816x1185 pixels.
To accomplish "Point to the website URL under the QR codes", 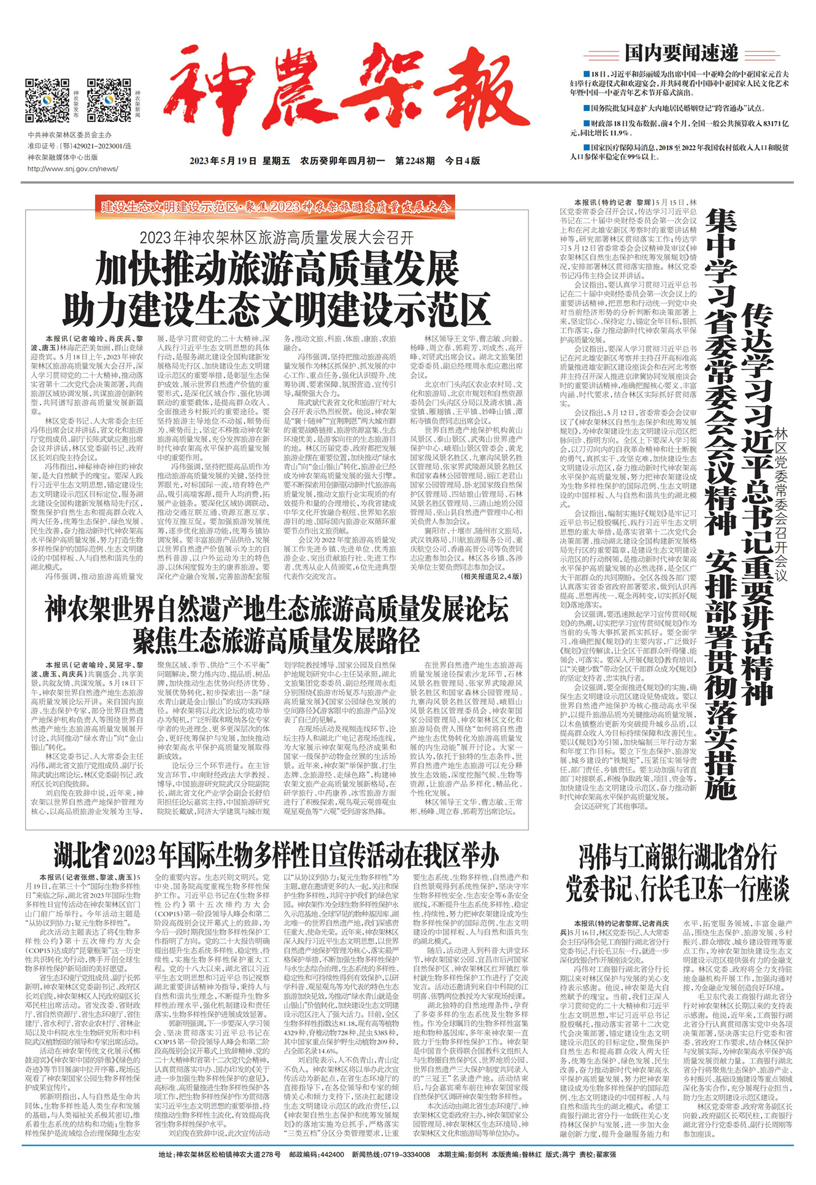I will point(72,169).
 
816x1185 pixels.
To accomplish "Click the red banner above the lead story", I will point(275,206).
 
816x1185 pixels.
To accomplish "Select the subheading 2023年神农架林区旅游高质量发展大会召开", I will point(277,237).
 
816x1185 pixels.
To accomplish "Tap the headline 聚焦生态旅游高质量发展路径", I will point(277,640).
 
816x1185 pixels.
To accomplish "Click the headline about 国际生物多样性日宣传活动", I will point(275,854).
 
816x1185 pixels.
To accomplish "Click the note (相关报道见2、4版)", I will point(491,576).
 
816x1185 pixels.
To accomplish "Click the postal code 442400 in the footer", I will point(329,1154).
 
